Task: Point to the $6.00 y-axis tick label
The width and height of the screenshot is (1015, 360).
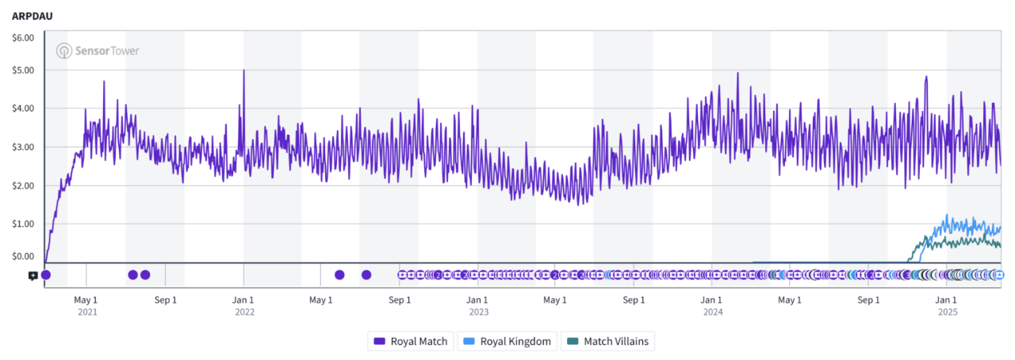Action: pyautogui.click(x=23, y=37)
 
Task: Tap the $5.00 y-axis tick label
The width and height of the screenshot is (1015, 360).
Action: pyautogui.click(x=23, y=70)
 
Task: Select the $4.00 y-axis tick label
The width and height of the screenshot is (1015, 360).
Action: pyautogui.click(x=23, y=109)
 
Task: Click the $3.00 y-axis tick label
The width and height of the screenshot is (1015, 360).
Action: pyautogui.click(x=23, y=147)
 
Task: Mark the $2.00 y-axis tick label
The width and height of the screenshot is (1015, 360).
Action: pyautogui.click(x=23, y=186)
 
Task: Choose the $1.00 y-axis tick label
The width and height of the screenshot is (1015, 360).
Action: pyautogui.click(x=23, y=224)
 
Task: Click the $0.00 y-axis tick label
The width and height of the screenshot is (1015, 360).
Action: pyautogui.click(x=23, y=256)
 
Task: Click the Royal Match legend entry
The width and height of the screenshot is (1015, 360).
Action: pyautogui.click(x=411, y=342)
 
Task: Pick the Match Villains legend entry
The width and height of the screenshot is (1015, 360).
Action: pyautogui.click(x=608, y=342)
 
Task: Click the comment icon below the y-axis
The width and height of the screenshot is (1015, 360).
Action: pyautogui.click(x=33, y=275)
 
